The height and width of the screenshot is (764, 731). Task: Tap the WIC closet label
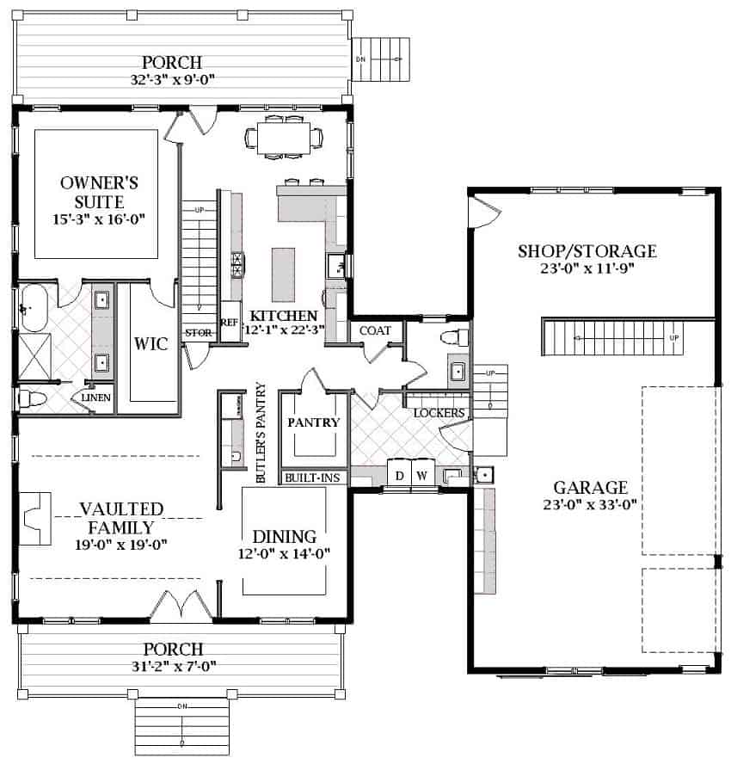(x=144, y=344)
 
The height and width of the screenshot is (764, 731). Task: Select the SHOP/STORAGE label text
(x=587, y=251)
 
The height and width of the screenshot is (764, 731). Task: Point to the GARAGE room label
(x=590, y=487)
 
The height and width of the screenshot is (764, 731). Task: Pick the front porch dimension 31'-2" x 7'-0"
(x=173, y=665)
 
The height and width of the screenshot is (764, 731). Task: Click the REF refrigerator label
(x=229, y=323)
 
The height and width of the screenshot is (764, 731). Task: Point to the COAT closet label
(x=375, y=330)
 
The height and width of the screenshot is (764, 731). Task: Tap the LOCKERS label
(x=439, y=413)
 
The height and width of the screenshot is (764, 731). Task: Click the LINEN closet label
(x=95, y=398)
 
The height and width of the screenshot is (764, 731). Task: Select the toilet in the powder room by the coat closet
(x=453, y=336)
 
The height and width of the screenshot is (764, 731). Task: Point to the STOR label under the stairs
(x=197, y=333)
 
